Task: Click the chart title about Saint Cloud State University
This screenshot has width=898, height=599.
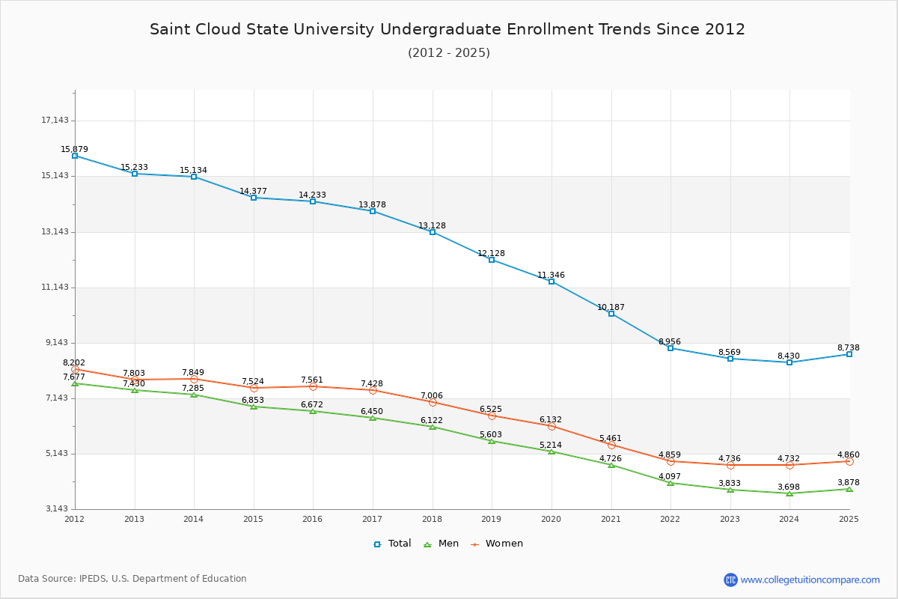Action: point(448,29)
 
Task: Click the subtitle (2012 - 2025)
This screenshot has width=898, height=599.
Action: point(449,52)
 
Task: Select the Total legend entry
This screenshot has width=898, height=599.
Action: point(392,544)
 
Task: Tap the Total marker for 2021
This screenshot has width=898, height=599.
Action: point(611,314)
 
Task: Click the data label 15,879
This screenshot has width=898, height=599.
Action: point(74,149)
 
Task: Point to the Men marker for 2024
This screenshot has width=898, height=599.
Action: point(789,493)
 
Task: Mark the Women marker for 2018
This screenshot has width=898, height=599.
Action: point(433,402)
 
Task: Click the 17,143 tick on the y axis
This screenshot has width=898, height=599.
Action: point(55,121)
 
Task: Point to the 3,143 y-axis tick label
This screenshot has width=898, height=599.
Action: point(55,509)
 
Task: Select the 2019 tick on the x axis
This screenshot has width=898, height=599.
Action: point(492,519)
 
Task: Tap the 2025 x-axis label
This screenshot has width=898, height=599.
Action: point(849,519)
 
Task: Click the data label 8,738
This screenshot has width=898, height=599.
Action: point(849,347)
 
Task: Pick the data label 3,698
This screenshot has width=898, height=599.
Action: point(788,487)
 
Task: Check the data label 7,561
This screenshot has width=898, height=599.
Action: point(312,380)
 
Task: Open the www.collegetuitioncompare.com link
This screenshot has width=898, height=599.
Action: point(810,580)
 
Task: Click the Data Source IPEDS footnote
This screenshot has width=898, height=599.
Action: point(132,579)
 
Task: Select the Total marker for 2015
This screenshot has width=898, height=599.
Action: point(254,198)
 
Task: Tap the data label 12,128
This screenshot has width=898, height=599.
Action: point(491,253)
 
